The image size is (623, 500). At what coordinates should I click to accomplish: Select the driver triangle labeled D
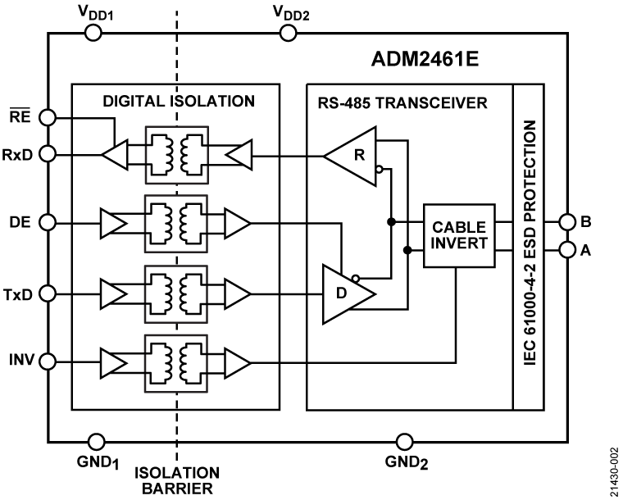coord(344,293)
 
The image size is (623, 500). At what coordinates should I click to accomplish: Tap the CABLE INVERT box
coord(459,235)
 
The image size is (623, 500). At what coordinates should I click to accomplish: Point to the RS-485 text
coord(342,103)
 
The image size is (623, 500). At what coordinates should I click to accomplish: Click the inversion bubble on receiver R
coord(379,170)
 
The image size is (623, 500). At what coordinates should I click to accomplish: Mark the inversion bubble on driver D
coord(355,279)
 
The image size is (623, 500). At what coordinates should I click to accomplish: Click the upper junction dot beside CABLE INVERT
coord(391,221)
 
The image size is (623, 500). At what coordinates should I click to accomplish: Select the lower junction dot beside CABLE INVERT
coord(407,249)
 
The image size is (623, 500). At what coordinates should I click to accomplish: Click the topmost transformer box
coord(176,155)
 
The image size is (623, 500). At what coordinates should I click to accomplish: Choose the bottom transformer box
coord(176,363)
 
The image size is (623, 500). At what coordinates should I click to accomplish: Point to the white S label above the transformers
coord(178,102)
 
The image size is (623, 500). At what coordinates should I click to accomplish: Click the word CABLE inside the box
coord(459,226)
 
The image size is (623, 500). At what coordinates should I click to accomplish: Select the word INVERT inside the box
coord(459,243)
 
